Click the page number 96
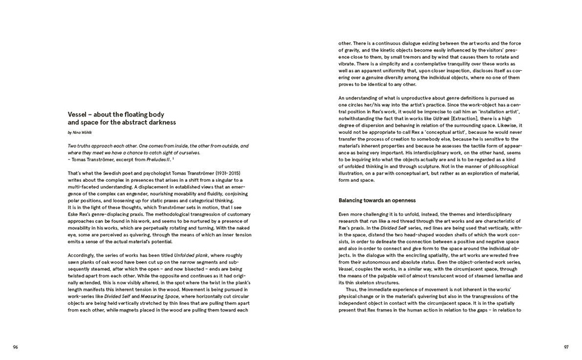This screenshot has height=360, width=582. (15, 347)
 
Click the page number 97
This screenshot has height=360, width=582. (566, 347)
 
